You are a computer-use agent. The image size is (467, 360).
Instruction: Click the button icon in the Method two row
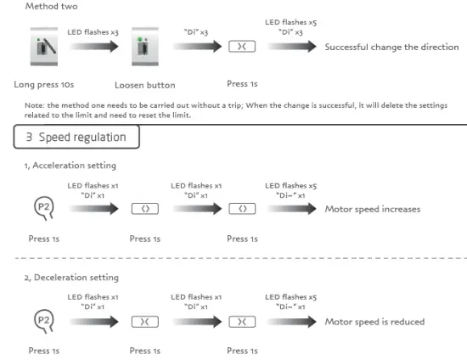click(242, 48)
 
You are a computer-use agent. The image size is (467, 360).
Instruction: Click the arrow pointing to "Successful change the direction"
click(289, 48)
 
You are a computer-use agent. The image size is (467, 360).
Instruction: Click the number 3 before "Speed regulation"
click(30, 137)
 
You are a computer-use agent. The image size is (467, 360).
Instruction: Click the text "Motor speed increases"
click(373, 209)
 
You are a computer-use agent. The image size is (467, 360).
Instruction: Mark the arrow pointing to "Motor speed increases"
click(290, 209)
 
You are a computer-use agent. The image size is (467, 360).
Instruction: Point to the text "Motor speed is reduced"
click(374, 321)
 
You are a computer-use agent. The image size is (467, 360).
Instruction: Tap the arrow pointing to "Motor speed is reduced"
click(290, 321)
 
